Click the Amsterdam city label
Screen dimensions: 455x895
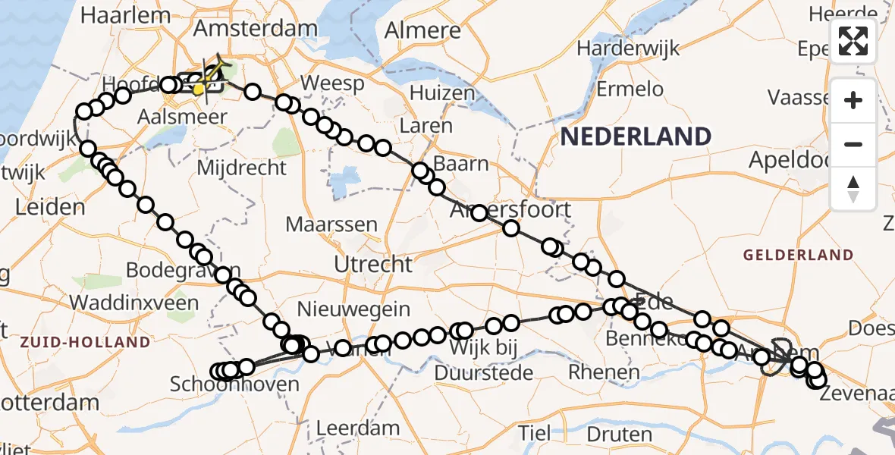click(256, 29)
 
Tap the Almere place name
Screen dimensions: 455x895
click(422, 30)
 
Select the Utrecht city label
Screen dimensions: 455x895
click(376, 265)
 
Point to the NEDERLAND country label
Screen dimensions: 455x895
click(636, 136)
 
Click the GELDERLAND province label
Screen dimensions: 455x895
click(798, 256)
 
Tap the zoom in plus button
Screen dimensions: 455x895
click(853, 100)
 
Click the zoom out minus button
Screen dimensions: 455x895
click(853, 144)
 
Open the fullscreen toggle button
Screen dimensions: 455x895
click(853, 41)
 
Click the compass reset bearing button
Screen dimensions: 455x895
click(853, 188)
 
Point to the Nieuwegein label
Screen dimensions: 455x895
click(353, 309)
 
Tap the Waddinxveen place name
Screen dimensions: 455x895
click(133, 303)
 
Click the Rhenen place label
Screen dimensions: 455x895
click(604, 372)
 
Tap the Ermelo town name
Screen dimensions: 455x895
click(630, 89)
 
